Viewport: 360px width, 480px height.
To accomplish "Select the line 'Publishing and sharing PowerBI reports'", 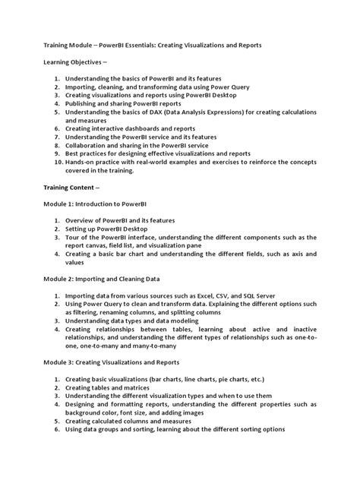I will click(x=124, y=103).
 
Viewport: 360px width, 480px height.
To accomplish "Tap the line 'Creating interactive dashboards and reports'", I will click(x=130, y=128).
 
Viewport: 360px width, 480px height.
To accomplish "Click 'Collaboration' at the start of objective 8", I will click(x=88, y=145).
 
